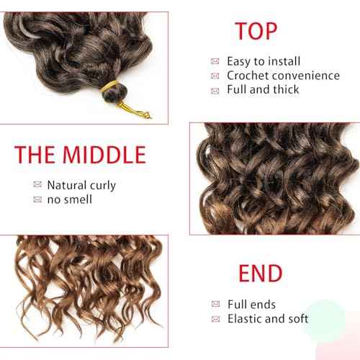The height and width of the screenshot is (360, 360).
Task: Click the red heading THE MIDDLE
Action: [x=80, y=154]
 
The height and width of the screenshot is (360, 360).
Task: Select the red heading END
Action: [x=259, y=274]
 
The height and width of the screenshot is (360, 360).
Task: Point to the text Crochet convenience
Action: [x=283, y=76]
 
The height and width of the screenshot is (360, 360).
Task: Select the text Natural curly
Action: [x=81, y=185]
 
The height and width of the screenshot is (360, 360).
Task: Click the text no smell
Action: [x=69, y=199]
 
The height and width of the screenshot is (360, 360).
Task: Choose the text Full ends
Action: [x=251, y=305]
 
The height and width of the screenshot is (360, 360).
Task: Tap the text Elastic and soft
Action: [x=268, y=319]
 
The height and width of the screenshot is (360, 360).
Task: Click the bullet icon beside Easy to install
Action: [x=215, y=61]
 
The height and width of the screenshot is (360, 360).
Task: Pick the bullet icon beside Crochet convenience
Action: [x=215, y=76]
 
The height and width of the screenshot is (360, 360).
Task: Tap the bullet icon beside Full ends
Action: [x=215, y=305]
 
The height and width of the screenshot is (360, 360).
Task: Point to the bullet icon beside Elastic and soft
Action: [x=215, y=320]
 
